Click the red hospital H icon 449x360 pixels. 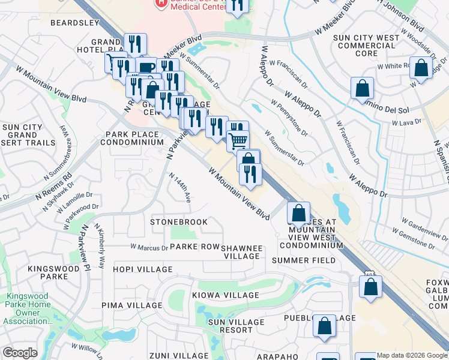tap(161, 4)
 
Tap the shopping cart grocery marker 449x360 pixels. tap(238, 140)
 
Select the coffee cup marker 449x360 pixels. tap(146, 67)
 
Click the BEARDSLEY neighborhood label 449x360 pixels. tap(74, 23)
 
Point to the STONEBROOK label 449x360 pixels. tap(179, 222)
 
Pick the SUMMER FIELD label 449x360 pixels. tap(301, 260)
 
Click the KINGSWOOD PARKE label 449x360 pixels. tap(52, 272)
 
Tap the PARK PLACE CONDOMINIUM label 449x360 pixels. tap(131, 138)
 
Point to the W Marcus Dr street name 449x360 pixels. tap(149, 247)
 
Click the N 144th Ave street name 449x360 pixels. tap(180, 188)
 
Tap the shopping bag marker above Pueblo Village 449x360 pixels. tap(325, 326)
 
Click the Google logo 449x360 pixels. tap(20, 353)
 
